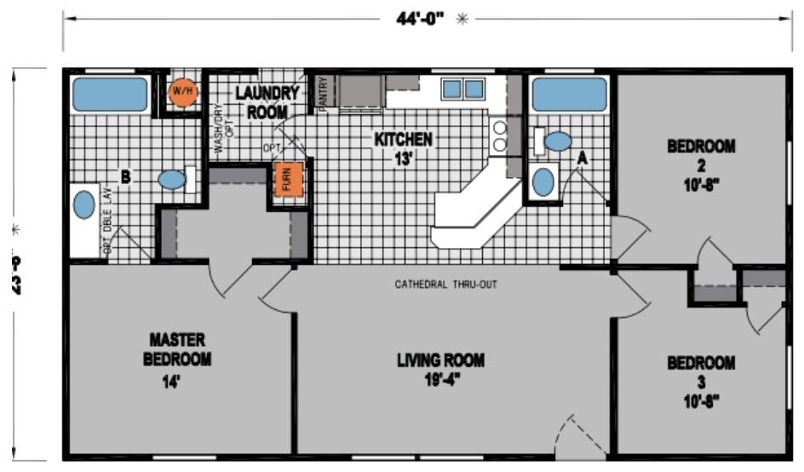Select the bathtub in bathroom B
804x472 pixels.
(x=110, y=94)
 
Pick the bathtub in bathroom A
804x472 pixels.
(x=569, y=94)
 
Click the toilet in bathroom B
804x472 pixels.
(x=172, y=179)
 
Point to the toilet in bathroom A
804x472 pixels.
(x=559, y=141)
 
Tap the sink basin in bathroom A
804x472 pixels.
(x=542, y=181)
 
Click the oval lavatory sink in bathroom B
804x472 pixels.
(x=83, y=204)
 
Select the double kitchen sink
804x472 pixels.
(x=462, y=89)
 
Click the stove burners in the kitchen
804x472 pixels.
(x=500, y=136)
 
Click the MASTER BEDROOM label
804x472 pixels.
(x=176, y=349)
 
